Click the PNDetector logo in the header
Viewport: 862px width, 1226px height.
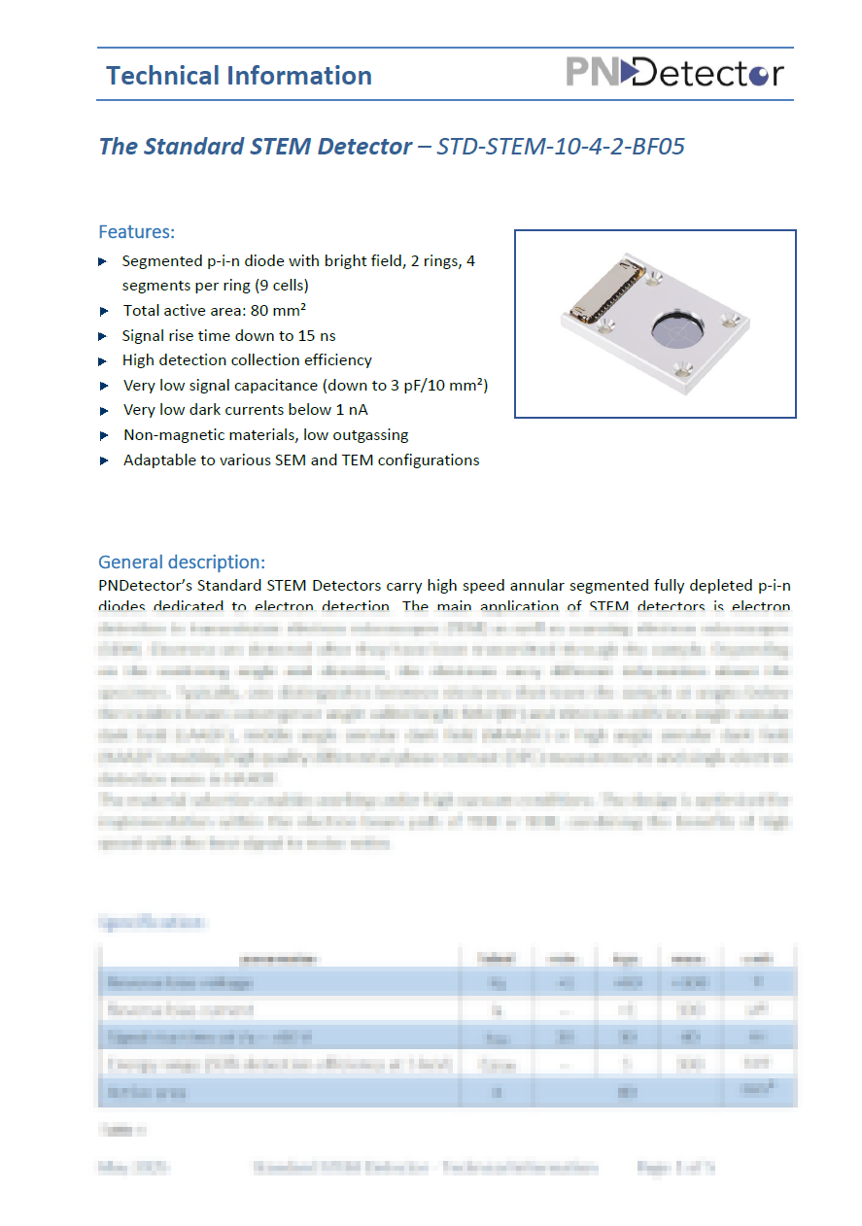(x=674, y=73)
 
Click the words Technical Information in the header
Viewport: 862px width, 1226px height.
(x=239, y=76)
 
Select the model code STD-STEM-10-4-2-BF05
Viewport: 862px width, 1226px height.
(x=561, y=147)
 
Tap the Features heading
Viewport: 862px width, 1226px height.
(x=136, y=232)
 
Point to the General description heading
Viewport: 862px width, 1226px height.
(x=181, y=562)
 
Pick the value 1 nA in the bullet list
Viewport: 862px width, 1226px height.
(x=347, y=410)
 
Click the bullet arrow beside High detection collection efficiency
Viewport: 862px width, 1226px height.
(x=104, y=360)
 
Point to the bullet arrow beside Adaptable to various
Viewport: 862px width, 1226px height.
(x=104, y=460)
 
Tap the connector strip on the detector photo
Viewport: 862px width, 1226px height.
(x=604, y=289)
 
